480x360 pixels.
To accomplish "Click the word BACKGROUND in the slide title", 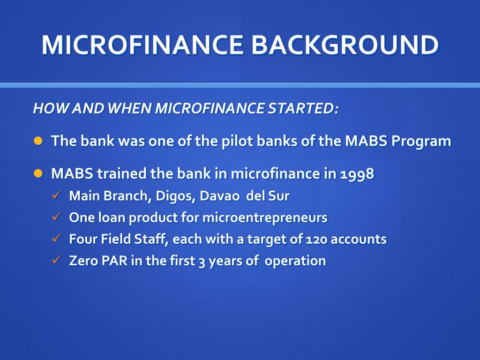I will tap(345, 45).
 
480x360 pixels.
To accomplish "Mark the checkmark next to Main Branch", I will tap(56, 195).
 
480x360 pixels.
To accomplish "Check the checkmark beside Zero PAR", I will tap(56, 260).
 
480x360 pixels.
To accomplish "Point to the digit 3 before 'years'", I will tap(202, 261).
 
